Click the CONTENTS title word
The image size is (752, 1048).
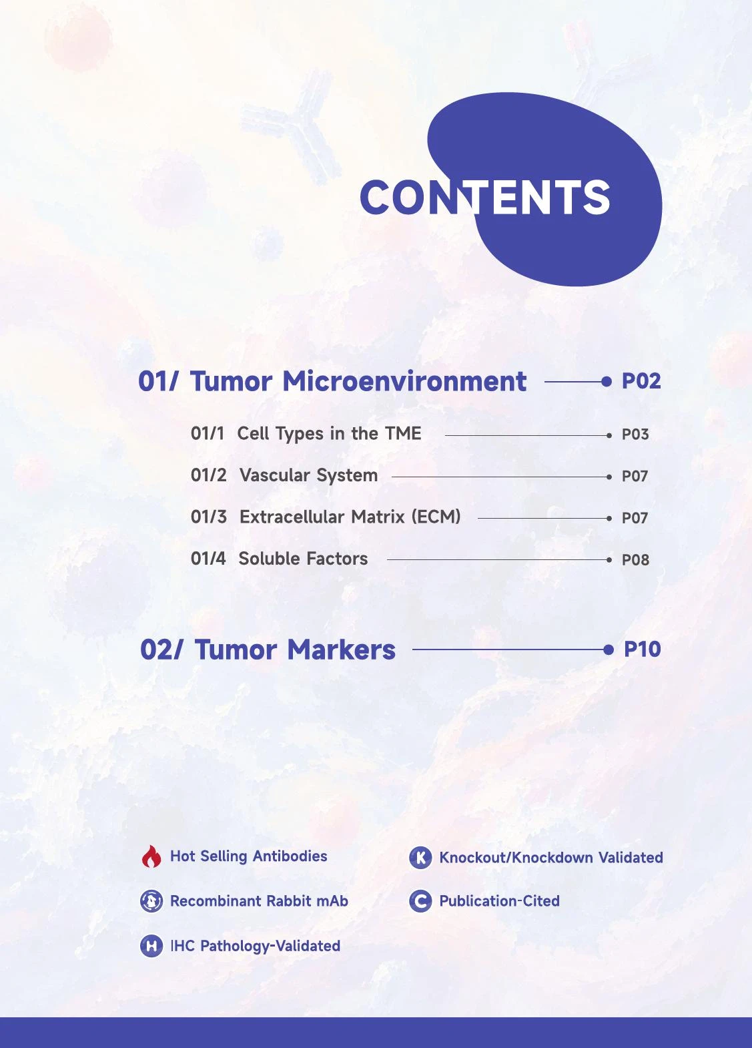(485, 197)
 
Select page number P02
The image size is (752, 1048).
(641, 381)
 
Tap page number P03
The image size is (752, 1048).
(635, 435)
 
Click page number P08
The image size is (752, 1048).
(635, 560)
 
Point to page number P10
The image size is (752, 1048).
(642, 649)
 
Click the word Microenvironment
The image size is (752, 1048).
(404, 381)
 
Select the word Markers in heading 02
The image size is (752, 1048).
(342, 650)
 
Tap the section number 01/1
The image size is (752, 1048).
(207, 434)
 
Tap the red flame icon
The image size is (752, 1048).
(151, 856)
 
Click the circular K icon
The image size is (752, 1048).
(420, 858)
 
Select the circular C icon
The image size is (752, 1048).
(420, 900)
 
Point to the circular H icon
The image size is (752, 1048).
(151, 946)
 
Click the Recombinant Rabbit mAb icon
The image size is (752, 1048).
(151, 900)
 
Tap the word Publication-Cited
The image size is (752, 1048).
(500, 901)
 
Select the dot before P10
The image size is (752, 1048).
(608, 649)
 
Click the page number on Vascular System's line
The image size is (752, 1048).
(635, 477)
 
